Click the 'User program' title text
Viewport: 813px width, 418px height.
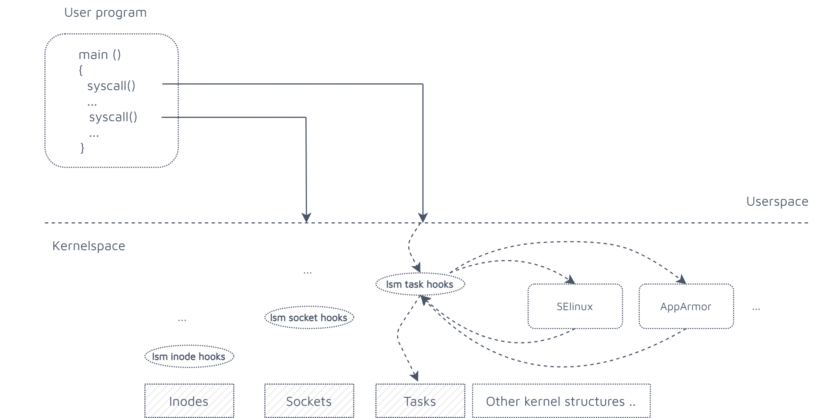(105, 13)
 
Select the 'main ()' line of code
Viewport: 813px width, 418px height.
(100, 55)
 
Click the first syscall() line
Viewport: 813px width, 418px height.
(111, 86)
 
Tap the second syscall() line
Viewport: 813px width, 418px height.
(113, 117)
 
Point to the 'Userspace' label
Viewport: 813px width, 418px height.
(777, 202)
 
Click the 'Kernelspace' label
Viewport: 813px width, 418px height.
(88, 246)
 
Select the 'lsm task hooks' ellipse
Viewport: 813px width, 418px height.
(420, 285)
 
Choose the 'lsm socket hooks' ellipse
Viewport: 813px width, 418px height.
(309, 318)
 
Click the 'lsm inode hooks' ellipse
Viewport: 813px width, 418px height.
(189, 356)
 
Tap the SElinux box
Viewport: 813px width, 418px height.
(575, 306)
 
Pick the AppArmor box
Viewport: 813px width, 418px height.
(686, 306)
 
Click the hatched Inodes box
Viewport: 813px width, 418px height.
(189, 401)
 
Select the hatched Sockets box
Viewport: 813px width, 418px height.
(309, 401)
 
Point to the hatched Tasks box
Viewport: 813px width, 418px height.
(420, 401)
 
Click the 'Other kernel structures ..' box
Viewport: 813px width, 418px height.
(561, 401)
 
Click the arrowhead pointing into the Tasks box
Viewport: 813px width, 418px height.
(415, 376)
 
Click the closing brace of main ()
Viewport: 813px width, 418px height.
(82, 148)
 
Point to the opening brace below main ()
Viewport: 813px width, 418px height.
(81, 70)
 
